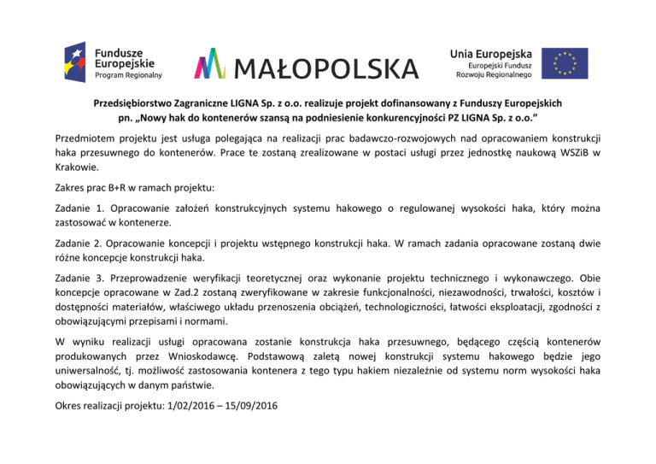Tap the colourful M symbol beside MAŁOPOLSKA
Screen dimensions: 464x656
point(213,62)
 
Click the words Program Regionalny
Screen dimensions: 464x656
point(128,77)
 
